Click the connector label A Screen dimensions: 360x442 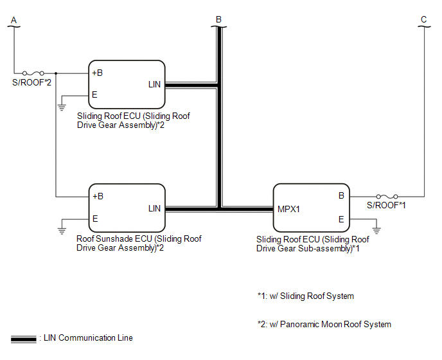coord(13,19)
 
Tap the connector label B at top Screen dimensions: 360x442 coord(218,19)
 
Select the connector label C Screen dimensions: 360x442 coord(423,19)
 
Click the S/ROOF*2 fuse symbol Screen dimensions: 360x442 coord(33,73)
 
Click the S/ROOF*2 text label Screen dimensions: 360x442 coord(32,84)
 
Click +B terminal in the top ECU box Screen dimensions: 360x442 coord(98,73)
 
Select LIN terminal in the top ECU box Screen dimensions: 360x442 coord(154,84)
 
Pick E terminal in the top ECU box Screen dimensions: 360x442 coord(94,94)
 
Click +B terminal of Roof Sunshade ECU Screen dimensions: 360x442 coord(98,196)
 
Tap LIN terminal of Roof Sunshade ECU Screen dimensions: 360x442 coord(154,208)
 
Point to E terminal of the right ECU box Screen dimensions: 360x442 coord(341,219)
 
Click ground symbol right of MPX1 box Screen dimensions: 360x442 coord(376,230)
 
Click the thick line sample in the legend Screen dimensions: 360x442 coord(23,338)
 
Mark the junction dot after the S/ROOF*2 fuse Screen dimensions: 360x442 coord(56,73)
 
